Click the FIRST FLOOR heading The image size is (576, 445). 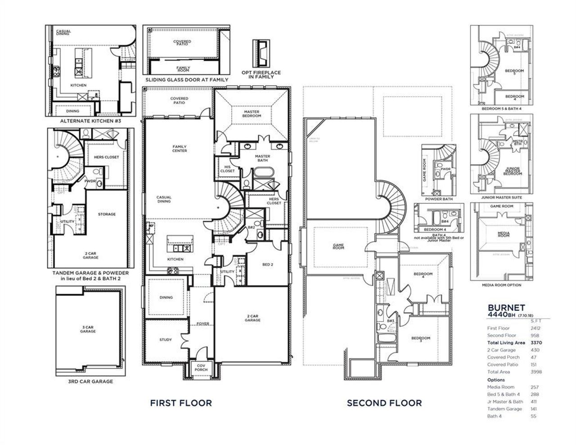pos(180,403)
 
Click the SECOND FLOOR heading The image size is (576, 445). pos(384,403)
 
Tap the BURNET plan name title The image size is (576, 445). pos(506,307)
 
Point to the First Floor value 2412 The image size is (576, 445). pos(535,328)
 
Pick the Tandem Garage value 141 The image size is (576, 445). pos(534,409)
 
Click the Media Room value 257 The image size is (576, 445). pos(534,387)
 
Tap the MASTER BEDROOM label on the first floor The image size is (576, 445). pos(252,114)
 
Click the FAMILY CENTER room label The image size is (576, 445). pos(180,148)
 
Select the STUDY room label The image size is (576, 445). pos(166,340)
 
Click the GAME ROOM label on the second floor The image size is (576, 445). pos(338,246)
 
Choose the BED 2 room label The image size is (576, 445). pos(267,265)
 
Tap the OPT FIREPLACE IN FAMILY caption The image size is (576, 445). pos(265,75)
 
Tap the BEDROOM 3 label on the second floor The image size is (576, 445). pos(422,339)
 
